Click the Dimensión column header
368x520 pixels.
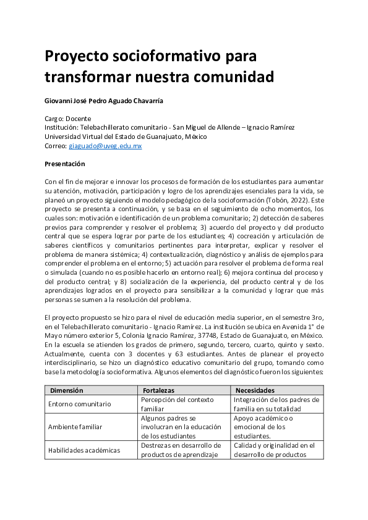(x=67, y=390)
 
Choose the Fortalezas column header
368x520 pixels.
(x=158, y=390)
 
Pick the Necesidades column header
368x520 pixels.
(x=255, y=390)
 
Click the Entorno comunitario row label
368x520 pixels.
(x=79, y=404)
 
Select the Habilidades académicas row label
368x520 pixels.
(x=84, y=450)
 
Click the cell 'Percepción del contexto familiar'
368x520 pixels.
(x=173, y=404)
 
